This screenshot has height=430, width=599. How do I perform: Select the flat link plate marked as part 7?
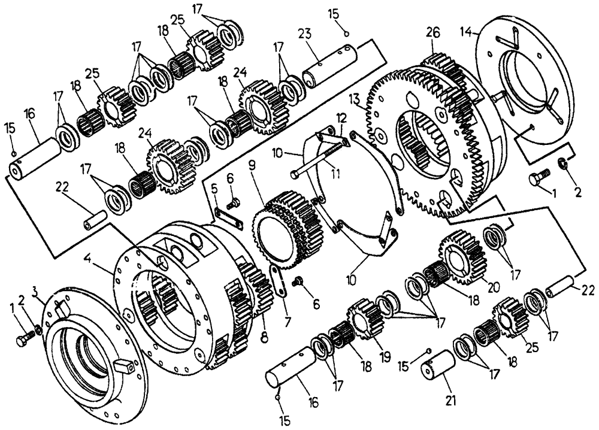click(277, 281)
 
